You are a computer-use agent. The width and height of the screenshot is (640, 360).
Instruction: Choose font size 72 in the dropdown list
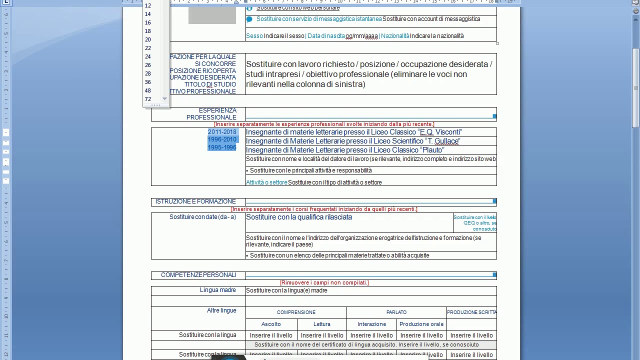148,99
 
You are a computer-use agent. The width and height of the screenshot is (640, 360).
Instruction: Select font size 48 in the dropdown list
148,90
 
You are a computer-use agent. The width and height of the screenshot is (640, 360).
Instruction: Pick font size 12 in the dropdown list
148,5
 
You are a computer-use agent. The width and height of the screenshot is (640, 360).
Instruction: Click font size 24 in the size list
148,56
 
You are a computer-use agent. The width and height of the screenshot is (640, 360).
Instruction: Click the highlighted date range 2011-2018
222,132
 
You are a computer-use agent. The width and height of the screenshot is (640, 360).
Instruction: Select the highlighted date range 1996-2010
222,139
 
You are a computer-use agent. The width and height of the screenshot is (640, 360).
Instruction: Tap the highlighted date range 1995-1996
222,147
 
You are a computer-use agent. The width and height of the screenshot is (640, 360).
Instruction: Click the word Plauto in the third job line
433,150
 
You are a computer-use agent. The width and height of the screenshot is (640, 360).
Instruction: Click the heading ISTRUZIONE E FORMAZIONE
195,201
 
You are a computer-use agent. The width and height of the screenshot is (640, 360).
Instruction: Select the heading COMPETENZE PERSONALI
198,275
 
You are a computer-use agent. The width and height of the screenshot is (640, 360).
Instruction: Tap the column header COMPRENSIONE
296,312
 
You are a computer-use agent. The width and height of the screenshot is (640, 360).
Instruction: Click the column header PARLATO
396,312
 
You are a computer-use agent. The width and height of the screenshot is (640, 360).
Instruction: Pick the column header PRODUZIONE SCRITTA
471,312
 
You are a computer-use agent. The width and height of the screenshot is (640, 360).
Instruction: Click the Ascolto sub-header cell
271,324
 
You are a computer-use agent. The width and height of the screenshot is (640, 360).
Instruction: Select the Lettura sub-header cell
322,324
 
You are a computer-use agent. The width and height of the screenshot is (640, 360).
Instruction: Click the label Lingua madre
218,290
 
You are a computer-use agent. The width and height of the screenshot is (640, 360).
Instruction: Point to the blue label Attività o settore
266,182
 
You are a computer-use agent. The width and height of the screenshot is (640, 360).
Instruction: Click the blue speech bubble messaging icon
249,19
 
